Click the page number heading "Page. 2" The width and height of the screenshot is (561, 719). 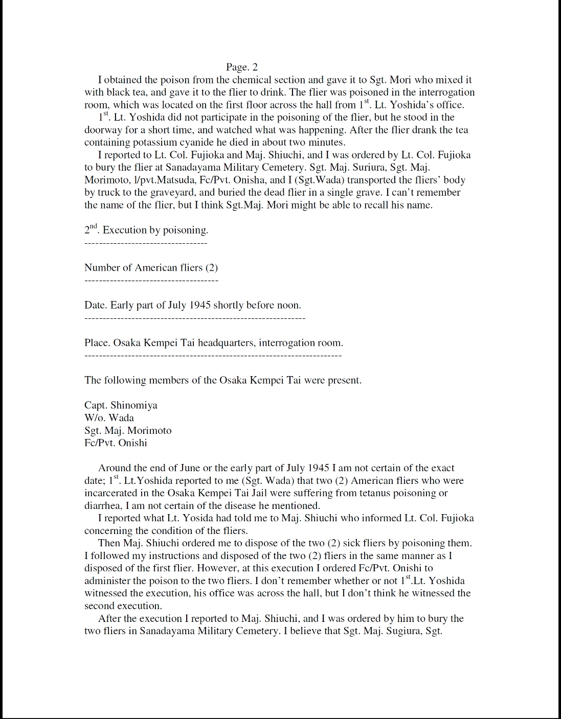(242, 67)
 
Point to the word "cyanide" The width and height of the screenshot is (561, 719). (189, 143)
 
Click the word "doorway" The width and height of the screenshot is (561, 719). (103, 130)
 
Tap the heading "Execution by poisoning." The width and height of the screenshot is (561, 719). (155, 230)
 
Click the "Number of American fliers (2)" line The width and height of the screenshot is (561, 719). (151, 268)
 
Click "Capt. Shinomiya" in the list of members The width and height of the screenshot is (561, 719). (121, 405)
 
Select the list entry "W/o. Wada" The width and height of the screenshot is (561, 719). (109, 418)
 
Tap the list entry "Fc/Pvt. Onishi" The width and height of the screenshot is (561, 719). (116, 443)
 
